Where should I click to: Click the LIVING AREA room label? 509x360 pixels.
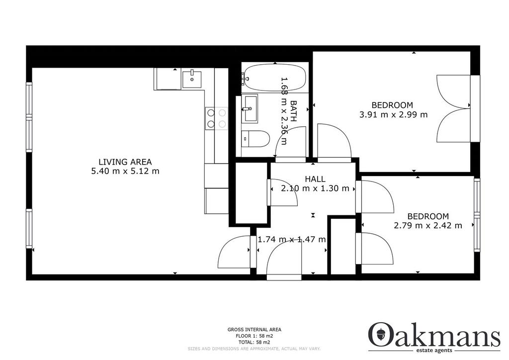coord(125,162)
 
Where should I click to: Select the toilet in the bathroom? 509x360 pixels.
coord(256,139)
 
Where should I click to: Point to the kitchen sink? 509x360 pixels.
coord(192,79)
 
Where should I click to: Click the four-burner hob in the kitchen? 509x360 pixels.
coord(217,118)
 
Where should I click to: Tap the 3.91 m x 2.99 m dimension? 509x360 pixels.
coord(394,114)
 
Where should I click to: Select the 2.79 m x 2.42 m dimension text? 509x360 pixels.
coord(428,225)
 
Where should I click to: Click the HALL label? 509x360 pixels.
coord(315,179)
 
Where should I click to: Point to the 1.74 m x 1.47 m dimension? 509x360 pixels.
coord(292,240)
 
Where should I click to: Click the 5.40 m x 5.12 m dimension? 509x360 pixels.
coord(125,171)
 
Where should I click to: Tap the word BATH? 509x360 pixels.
coord(293,111)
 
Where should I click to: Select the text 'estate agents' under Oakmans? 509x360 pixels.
coord(433,351)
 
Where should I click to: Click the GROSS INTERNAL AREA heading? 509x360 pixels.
coord(254,330)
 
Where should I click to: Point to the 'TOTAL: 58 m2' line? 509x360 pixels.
coord(254,342)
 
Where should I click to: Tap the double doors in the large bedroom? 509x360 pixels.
coord(453,108)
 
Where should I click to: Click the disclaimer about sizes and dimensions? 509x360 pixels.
coord(254,349)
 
